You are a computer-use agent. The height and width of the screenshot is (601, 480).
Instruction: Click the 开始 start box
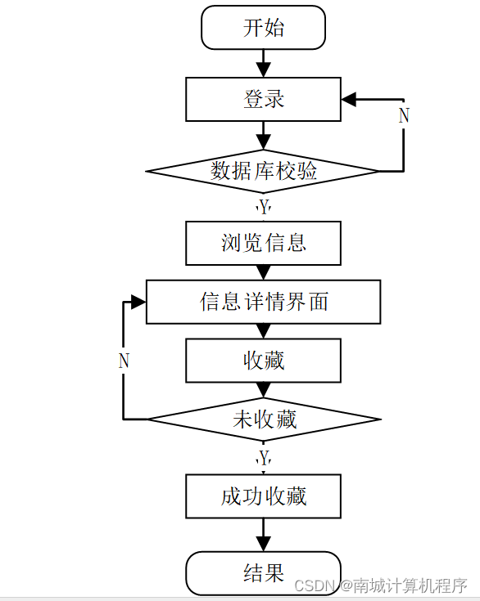tap(263, 29)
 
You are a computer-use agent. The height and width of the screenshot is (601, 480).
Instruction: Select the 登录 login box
tap(263, 99)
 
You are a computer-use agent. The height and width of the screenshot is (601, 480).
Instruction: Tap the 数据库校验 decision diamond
tap(263, 171)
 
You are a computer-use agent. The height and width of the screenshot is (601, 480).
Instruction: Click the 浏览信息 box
tap(263, 243)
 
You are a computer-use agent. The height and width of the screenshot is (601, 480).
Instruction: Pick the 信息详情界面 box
tap(263, 302)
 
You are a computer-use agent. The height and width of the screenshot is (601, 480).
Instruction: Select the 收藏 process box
tap(263, 361)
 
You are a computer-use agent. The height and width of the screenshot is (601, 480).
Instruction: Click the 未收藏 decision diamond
tap(263, 419)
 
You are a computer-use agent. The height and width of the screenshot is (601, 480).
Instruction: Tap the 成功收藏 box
tap(263, 496)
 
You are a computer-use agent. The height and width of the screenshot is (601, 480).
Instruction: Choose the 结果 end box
tap(263, 572)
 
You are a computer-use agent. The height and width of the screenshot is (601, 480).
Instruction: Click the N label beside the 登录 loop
tap(403, 116)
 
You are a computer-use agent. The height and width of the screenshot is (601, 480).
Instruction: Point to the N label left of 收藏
tap(124, 361)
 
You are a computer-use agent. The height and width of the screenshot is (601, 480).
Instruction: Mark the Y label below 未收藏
tap(263, 455)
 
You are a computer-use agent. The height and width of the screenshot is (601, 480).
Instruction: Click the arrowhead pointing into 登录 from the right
tap(349, 99)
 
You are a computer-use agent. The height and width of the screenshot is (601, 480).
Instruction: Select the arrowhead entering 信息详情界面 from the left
tap(139, 302)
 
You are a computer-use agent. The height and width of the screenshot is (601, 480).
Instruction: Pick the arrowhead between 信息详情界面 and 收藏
tap(263, 332)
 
